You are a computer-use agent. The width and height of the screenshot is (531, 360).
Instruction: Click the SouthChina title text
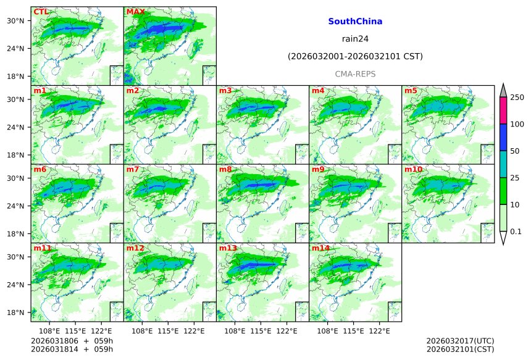355,22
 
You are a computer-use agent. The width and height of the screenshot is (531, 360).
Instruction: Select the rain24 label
355,39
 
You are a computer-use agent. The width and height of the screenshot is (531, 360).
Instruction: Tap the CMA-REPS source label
355,74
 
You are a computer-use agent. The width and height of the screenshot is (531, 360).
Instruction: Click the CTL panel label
41,12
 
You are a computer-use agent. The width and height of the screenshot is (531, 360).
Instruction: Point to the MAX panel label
135,12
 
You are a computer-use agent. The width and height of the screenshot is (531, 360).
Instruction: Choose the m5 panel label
411,91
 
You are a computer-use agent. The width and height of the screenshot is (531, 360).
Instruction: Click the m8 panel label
225,169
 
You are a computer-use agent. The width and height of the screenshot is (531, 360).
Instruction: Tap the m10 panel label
414,169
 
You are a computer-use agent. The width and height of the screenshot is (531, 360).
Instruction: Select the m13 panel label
227,248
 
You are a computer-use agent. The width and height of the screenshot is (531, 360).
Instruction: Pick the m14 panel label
320,248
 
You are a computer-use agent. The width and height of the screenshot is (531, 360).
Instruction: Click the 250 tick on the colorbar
517,98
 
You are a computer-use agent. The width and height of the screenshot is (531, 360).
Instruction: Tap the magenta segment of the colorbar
503,111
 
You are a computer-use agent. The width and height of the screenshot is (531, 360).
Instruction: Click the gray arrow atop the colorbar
503,90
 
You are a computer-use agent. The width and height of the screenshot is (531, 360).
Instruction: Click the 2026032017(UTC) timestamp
460,341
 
